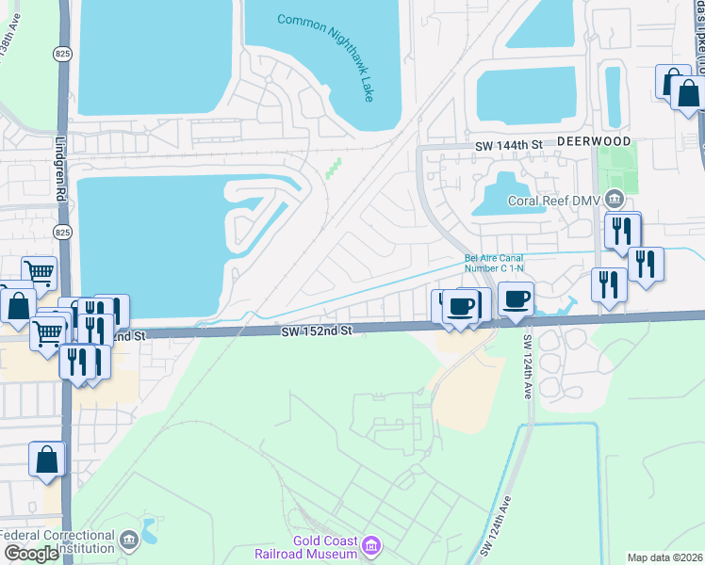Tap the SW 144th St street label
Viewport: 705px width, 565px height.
tap(509, 145)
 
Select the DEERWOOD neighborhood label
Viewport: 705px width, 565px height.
tap(593, 141)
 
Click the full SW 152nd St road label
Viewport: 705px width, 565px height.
tap(316, 331)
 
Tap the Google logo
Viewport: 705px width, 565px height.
tap(30, 554)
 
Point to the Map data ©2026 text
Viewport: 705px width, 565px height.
tap(665, 557)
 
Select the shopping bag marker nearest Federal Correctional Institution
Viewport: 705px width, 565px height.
tap(47, 460)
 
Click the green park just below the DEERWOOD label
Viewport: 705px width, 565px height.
tap(617, 169)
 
